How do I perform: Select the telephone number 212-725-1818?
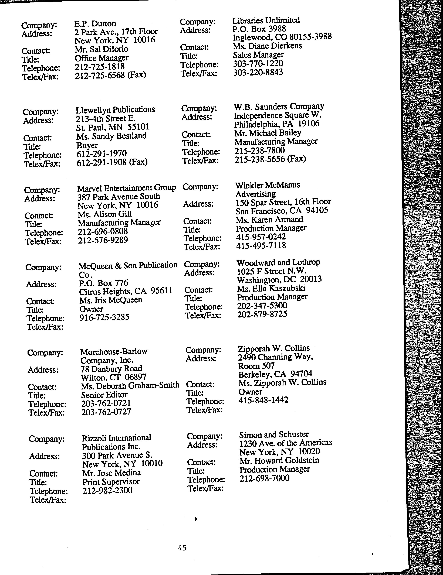point(100,67)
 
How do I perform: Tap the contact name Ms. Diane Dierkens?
point(267,46)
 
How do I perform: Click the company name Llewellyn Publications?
point(115,109)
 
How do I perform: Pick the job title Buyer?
point(87,145)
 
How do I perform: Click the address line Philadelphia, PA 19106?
point(276,124)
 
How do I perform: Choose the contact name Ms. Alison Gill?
point(104,214)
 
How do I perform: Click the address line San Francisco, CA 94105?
point(282,211)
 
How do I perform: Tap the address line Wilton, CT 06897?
point(113,378)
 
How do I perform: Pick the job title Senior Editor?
point(104,395)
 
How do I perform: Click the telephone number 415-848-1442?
point(263,400)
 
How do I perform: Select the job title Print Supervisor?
point(111,482)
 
